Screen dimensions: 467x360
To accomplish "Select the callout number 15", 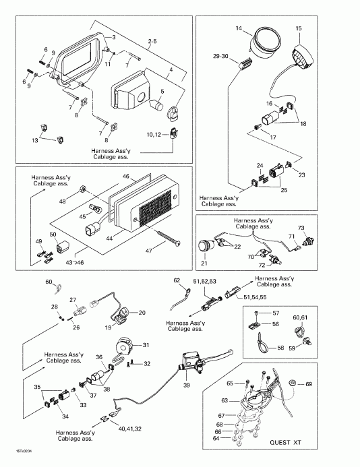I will (x=299, y=28).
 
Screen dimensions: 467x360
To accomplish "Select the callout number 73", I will (x=302, y=228).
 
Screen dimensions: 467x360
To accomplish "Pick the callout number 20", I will (x=142, y=312).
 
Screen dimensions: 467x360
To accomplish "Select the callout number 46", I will (x=125, y=176).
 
